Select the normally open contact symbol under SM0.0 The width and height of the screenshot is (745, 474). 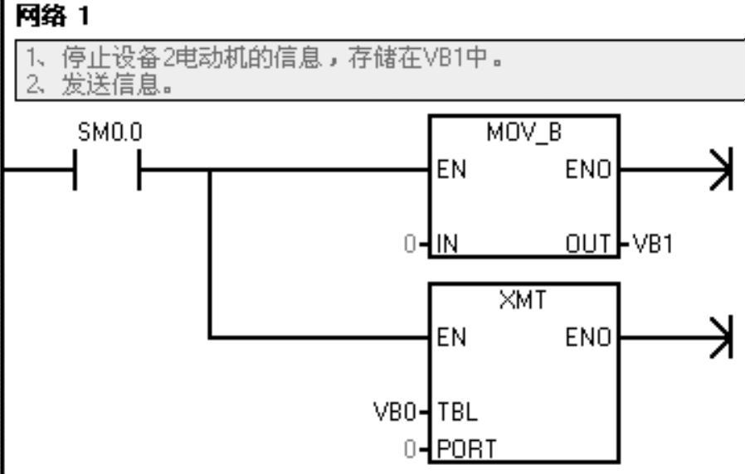(108, 170)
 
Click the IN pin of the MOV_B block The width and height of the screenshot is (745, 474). (448, 246)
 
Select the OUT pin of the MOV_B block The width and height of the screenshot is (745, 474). (590, 246)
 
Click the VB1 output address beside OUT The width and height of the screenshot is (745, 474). (652, 246)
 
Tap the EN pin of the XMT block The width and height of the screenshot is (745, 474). (451, 338)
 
